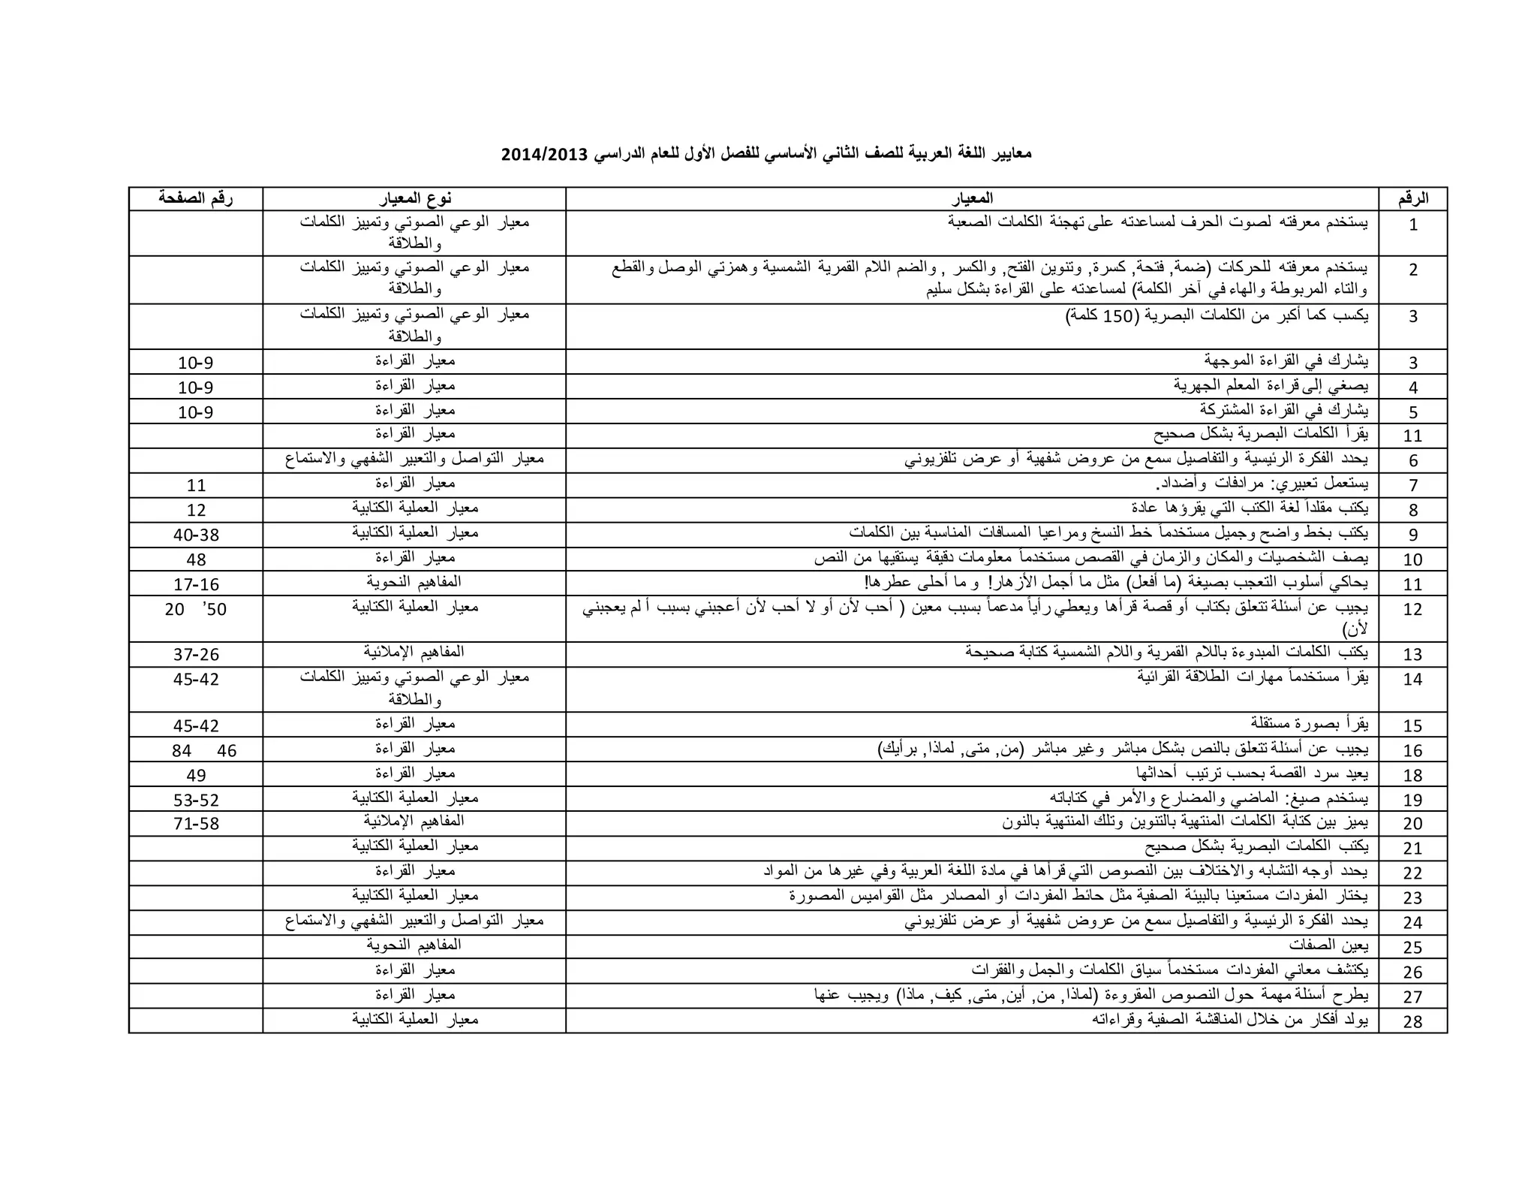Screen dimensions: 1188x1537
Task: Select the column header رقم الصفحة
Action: [196, 198]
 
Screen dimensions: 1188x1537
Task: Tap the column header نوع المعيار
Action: [415, 198]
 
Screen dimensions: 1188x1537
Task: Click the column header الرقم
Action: [1412, 199]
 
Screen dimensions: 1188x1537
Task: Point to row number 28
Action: [1412, 1021]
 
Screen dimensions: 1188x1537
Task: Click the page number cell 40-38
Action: [196, 535]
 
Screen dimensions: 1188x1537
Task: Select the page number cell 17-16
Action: [196, 584]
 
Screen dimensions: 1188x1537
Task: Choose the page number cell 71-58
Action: [196, 824]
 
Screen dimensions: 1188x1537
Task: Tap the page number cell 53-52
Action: [196, 800]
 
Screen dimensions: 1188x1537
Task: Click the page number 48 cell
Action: [196, 559]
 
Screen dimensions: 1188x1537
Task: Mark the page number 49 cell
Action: [196, 775]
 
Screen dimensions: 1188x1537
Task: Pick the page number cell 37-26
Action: [196, 655]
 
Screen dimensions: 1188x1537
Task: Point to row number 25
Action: [1412, 948]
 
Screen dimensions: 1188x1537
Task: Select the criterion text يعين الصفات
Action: [1328, 945]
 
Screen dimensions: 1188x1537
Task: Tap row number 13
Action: [1412, 655]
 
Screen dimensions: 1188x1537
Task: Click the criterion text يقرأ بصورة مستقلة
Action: [1309, 724]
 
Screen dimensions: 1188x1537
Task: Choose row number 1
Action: [1412, 225]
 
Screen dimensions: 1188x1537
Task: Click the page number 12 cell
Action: [196, 510]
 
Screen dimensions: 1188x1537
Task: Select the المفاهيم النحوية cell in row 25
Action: [414, 945]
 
